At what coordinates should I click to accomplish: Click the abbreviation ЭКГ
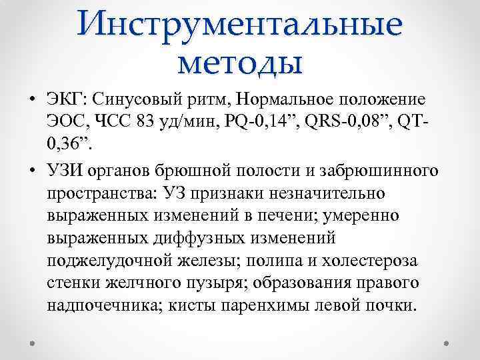point(67,101)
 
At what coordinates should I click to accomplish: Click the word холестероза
point(363,261)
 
